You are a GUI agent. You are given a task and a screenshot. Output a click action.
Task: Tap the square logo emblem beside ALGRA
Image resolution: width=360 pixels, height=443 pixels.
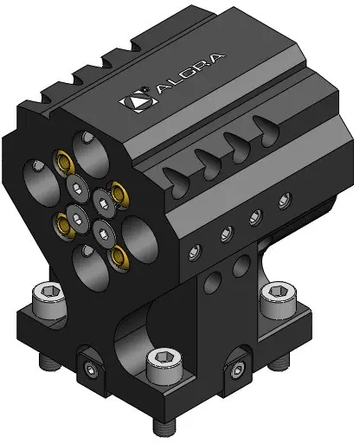point(138,100)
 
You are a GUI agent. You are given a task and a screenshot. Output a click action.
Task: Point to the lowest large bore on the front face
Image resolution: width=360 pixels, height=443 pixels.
point(91,266)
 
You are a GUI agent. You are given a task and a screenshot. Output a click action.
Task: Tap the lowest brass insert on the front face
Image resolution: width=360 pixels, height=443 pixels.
point(119,256)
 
